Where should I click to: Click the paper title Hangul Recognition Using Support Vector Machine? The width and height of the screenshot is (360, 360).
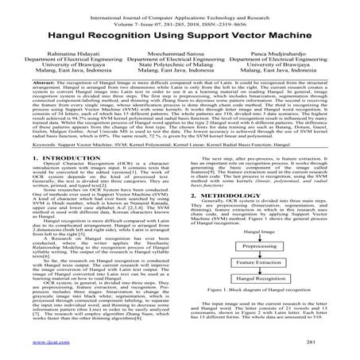pyautogui.click(x=180, y=40)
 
